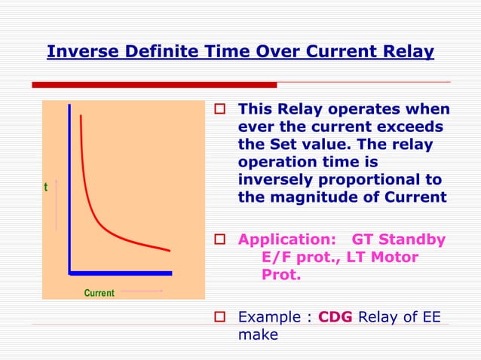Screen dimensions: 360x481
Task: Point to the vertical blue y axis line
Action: pos(69,188)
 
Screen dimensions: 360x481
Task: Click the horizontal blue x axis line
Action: pos(121,273)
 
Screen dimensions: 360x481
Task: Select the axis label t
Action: pos(46,187)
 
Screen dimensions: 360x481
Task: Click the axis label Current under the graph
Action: pos(99,292)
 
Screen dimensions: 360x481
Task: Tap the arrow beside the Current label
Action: pos(142,290)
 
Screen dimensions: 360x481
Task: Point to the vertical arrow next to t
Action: pos(55,204)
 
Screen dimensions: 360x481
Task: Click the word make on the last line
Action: pos(258,334)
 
